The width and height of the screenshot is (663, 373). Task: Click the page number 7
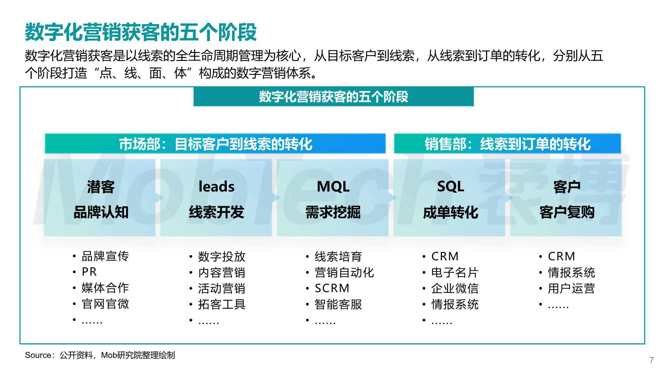tap(651, 360)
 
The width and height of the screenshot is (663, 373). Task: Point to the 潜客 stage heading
tap(101, 187)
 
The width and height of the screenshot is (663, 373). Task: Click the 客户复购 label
tap(567, 213)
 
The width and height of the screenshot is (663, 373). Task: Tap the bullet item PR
tap(89, 272)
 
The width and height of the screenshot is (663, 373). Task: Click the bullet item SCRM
tap(332, 288)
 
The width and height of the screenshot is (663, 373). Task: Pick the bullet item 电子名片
tap(455, 272)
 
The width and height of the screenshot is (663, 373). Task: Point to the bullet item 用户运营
tap(571, 288)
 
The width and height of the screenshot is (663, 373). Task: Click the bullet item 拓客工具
tap(222, 304)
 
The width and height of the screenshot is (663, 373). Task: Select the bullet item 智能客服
tap(338, 304)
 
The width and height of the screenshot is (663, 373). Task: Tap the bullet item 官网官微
tap(105, 304)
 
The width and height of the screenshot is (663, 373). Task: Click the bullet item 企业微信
tap(455, 288)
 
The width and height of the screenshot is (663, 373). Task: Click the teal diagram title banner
tap(333, 96)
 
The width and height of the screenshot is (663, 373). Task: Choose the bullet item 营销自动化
tap(344, 272)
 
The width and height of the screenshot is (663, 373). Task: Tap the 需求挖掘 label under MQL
tap(333, 213)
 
